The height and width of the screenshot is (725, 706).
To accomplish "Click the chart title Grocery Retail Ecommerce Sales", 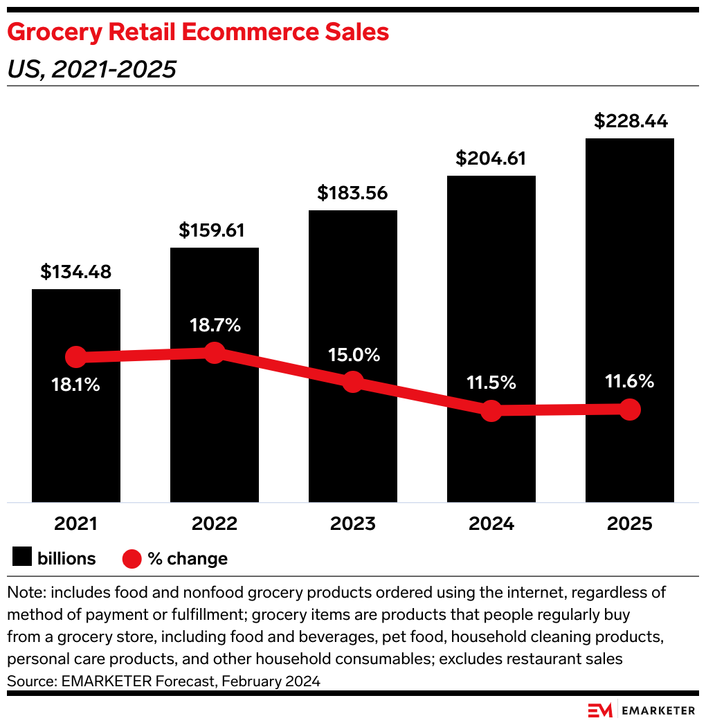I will [198, 33].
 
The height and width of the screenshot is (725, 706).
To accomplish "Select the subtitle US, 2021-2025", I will [91, 69].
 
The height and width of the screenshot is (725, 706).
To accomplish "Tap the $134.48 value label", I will [76, 272].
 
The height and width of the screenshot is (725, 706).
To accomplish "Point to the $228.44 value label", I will [631, 121].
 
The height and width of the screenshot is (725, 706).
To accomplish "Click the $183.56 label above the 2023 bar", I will [353, 193].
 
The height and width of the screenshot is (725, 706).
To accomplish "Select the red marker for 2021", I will [76, 357].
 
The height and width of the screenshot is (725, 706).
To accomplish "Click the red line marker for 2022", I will [215, 352].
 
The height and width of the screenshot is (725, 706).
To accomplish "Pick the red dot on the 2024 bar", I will [491, 410].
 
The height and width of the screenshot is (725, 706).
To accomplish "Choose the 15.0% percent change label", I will [354, 355].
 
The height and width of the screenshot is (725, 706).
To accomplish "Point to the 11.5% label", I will [491, 382].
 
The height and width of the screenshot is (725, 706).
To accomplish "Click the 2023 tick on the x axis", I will [353, 524].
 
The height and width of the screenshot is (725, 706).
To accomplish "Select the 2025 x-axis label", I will [630, 524].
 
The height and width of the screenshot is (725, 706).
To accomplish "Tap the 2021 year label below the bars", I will [76, 524].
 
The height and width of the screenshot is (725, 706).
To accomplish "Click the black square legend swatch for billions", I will [22, 558].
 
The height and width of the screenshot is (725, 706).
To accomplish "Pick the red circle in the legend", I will [132, 558].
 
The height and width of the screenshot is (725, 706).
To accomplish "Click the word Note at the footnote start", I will [23, 592].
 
